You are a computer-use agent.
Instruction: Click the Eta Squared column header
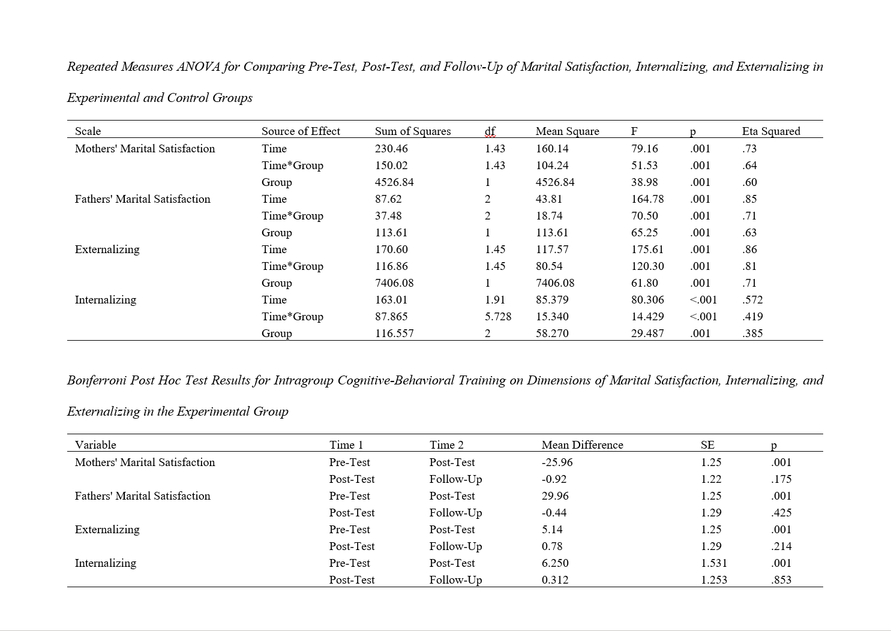tap(770, 131)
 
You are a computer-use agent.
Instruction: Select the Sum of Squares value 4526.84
tap(394, 182)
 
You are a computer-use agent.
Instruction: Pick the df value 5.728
tap(497, 317)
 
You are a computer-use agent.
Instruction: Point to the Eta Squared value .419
tap(752, 317)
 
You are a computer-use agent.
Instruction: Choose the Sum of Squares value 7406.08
tap(394, 283)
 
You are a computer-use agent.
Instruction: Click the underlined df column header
tap(490, 131)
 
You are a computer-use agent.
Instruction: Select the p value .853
tap(781, 580)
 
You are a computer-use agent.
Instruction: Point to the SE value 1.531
tap(713, 563)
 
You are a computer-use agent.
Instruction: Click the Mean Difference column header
tap(582, 445)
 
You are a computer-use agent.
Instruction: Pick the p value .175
tap(781, 479)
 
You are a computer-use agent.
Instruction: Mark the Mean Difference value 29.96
tap(554, 496)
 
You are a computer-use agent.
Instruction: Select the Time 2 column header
tap(446, 445)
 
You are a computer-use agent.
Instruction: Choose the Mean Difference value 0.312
tap(554, 580)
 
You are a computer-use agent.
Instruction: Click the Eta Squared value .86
tap(749, 250)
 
